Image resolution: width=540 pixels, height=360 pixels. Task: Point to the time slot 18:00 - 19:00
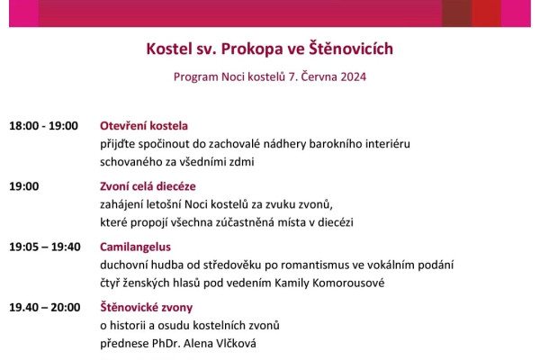pos(43,126)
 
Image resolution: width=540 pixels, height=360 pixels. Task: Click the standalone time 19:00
pos(24,186)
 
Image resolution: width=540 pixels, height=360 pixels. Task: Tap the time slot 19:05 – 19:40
pos(45,247)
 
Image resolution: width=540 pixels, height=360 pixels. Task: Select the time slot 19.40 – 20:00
pos(44,307)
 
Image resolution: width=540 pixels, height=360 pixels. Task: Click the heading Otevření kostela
pos(144,126)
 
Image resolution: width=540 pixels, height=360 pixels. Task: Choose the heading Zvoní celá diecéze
pos(148,186)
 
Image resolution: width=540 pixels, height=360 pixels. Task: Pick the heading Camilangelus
pos(135,247)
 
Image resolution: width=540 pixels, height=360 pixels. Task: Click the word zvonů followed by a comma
pos(318,204)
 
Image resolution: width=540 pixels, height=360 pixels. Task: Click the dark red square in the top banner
pos(456,12)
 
